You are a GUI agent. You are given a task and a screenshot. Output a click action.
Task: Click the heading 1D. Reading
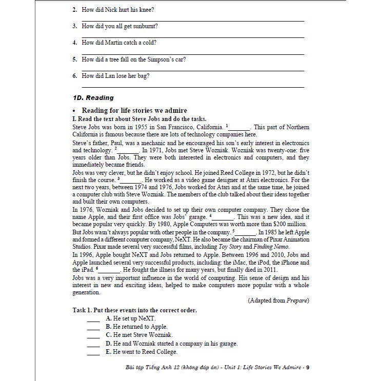pyautogui.click(x=93, y=97)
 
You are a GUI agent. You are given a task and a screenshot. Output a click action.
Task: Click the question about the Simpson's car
pyautogui.click(x=133, y=59)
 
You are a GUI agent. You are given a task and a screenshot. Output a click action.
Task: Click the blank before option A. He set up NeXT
pyautogui.click(x=93, y=318)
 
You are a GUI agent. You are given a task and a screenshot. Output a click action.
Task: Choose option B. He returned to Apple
pyautogui.click(x=136, y=327)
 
